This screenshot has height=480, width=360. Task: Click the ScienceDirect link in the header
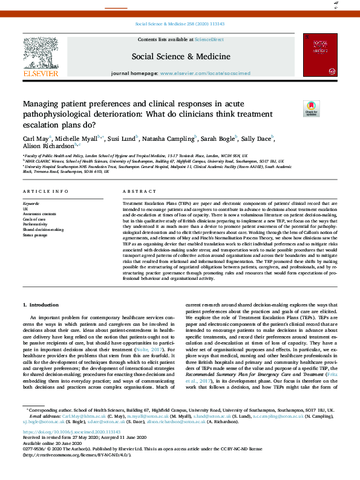pos(209,39)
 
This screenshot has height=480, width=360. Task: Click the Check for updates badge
pos(311,109)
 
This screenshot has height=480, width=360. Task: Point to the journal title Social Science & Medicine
pos(180,56)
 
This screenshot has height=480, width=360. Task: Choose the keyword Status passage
pos(34,235)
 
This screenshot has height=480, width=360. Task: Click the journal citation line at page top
pos(179,25)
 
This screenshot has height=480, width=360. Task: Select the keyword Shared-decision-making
pos(42,229)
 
